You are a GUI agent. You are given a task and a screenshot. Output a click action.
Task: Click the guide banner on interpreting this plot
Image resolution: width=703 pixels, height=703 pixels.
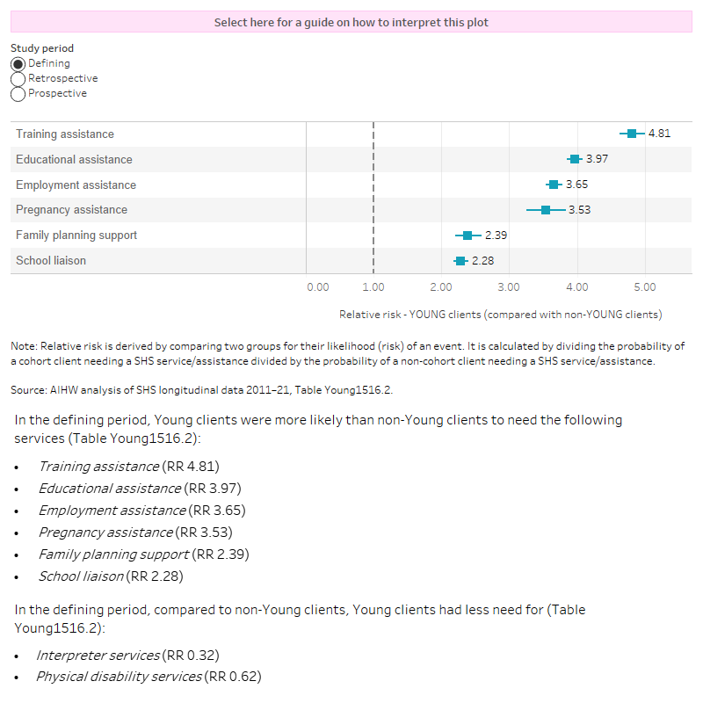coord(351,22)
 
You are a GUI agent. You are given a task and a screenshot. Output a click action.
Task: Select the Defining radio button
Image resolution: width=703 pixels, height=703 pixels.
coord(18,64)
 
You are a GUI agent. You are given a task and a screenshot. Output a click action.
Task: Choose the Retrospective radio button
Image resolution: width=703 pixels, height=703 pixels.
coord(18,79)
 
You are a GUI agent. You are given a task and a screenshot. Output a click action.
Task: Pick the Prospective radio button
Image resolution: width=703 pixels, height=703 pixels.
coord(18,94)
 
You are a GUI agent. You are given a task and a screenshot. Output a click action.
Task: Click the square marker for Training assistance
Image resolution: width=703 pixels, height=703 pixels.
coord(631,134)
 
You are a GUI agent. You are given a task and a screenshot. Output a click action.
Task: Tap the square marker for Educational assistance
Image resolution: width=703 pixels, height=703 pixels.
coord(575,159)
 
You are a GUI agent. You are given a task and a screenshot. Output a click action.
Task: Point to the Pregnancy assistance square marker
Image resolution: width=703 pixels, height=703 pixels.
coord(546,210)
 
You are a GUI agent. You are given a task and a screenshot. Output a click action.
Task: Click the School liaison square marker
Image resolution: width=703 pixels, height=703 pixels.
coord(460,261)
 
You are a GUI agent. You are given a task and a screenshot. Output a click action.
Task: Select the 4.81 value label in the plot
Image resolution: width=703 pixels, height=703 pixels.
coord(659,134)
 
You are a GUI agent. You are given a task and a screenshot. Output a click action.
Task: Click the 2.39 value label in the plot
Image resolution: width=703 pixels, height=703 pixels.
coord(496,236)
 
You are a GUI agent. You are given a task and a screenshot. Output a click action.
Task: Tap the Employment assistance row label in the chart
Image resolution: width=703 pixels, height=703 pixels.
coord(76,185)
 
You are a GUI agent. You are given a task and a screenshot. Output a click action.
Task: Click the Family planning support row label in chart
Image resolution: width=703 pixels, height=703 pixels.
coord(76,236)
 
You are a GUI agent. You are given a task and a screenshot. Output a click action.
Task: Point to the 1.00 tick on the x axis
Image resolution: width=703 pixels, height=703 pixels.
coord(373,287)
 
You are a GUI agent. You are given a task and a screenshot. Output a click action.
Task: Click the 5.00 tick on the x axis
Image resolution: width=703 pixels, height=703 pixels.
coord(644,287)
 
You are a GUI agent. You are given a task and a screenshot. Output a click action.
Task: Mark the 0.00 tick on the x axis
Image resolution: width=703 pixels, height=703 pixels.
coord(318,287)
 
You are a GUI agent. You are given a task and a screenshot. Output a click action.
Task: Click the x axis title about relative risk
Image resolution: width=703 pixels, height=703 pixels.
coord(500,314)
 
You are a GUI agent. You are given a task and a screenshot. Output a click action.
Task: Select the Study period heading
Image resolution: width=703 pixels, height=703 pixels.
coord(42,48)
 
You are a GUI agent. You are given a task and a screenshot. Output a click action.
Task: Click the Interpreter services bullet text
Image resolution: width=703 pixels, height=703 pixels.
coord(98,656)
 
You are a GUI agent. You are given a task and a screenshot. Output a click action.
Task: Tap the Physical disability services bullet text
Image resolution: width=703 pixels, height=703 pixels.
coord(119,677)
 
